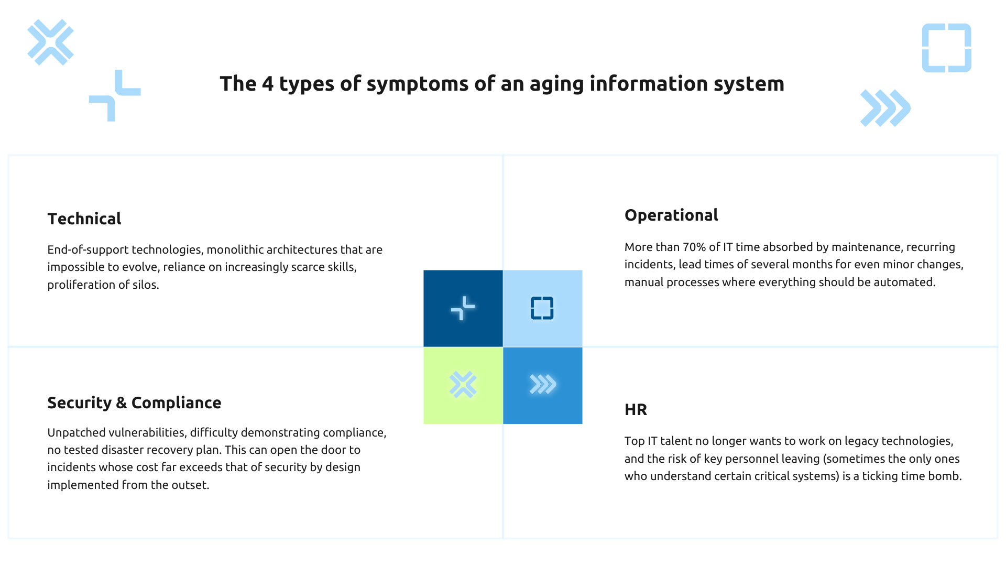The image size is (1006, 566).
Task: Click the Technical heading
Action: pyautogui.click(x=84, y=219)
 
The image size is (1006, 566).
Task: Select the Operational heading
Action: pyautogui.click(x=671, y=215)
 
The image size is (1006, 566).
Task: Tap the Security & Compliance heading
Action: pyautogui.click(x=134, y=402)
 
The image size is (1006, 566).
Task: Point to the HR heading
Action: pyautogui.click(x=636, y=409)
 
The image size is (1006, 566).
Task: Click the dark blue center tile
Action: pyautogui.click(x=463, y=308)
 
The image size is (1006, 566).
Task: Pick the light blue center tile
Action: pyautogui.click(x=542, y=308)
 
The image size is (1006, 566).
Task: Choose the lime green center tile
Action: pyautogui.click(x=463, y=385)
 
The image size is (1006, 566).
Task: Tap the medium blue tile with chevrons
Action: pyautogui.click(x=542, y=385)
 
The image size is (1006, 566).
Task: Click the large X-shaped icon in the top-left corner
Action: pyautogui.click(x=50, y=42)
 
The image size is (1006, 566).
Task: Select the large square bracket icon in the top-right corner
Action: pyautogui.click(x=946, y=48)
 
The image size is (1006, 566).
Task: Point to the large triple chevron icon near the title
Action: pyautogui.click(x=885, y=108)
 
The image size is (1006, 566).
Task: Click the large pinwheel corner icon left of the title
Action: pyautogui.click(x=115, y=95)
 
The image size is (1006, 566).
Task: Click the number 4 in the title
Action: pyautogui.click(x=267, y=84)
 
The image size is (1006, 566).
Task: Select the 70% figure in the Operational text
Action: pyautogui.click(x=693, y=247)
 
